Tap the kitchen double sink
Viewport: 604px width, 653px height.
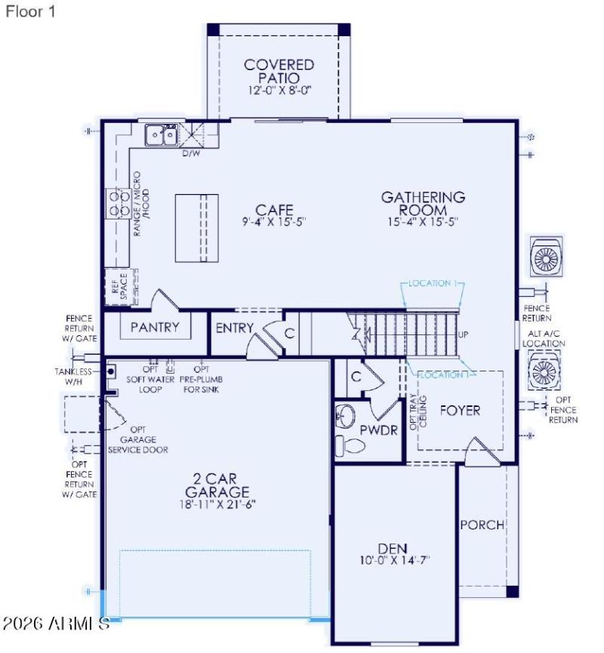tap(161, 135)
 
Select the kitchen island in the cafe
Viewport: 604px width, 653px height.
tap(196, 227)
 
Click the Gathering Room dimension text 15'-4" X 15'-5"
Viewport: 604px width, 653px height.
tap(423, 222)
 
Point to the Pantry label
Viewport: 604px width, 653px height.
tap(155, 327)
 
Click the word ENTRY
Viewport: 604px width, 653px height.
tap(234, 328)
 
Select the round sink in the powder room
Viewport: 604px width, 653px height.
tap(345, 415)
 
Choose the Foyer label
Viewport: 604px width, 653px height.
tap(460, 411)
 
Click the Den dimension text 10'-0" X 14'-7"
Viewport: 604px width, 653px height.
tap(395, 561)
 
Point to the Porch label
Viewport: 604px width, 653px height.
tap(482, 525)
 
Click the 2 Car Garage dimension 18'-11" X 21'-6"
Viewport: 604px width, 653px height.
tap(218, 504)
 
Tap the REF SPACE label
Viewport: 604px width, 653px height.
tap(119, 286)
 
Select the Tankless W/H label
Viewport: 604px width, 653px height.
tap(72, 377)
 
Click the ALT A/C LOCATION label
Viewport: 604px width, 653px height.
tap(546, 338)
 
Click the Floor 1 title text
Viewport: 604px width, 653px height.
tap(30, 12)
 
